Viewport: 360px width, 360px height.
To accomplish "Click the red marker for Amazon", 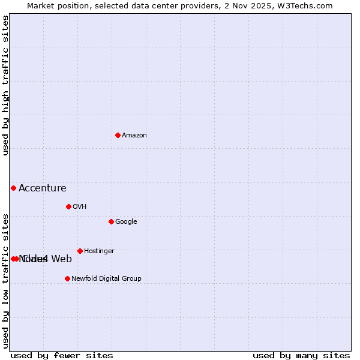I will tap(118, 135).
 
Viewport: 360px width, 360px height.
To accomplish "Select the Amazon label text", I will tap(134, 136).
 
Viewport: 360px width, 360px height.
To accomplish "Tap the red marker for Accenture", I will tap(13, 188).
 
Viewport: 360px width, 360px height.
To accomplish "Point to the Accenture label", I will tap(42, 188).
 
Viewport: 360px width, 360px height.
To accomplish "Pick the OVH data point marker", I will tap(68, 206).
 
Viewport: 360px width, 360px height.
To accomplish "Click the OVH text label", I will tap(80, 207).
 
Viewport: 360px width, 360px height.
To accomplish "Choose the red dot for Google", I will tap(111, 221).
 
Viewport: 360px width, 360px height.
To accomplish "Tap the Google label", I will tap(126, 222).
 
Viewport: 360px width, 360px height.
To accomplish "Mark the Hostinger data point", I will tap(80, 251).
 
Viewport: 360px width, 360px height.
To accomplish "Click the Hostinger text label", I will tap(99, 251).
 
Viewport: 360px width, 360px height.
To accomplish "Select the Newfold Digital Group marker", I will tap(67, 278).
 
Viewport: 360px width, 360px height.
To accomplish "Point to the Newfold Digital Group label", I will tap(106, 279).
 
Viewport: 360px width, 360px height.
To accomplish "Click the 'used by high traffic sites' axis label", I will tap(6, 85).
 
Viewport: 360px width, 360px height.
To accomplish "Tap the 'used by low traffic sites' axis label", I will tap(6, 280).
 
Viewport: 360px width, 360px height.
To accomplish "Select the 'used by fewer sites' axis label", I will tap(62, 356).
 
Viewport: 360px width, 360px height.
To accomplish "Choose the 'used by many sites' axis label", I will tap(301, 356).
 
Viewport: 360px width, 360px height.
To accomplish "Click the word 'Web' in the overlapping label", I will tap(62, 259).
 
